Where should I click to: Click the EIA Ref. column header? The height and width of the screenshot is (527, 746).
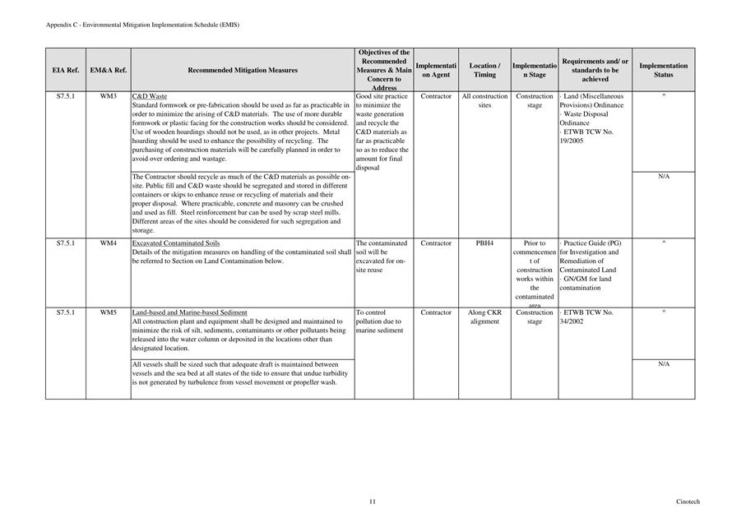[66, 71]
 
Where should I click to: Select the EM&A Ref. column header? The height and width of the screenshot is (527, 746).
[108, 71]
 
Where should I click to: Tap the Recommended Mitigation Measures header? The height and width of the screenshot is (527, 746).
[243, 71]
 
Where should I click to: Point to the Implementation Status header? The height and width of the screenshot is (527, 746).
[663, 70]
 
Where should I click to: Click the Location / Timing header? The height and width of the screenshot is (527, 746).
[484, 70]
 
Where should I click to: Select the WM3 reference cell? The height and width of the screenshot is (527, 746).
[108, 97]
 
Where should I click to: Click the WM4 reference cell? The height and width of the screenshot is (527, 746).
[108, 243]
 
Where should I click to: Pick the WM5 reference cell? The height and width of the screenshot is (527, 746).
[108, 312]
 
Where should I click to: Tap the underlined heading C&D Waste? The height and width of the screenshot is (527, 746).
[150, 97]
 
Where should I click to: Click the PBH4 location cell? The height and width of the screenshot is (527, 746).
[484, 243]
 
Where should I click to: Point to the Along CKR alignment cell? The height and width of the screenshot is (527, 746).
[484, 317]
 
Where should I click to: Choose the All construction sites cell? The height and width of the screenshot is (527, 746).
[484, 101]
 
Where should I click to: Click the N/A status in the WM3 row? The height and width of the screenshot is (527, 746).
[663, 177]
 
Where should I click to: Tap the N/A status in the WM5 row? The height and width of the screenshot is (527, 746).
[663, 364]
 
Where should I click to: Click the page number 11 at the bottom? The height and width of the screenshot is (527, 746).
[373, 502]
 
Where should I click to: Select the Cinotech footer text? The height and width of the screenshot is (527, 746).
[688, 502]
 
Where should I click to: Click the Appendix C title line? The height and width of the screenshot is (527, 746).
[143, 25]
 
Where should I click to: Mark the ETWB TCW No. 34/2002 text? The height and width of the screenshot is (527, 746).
[587, 317]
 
